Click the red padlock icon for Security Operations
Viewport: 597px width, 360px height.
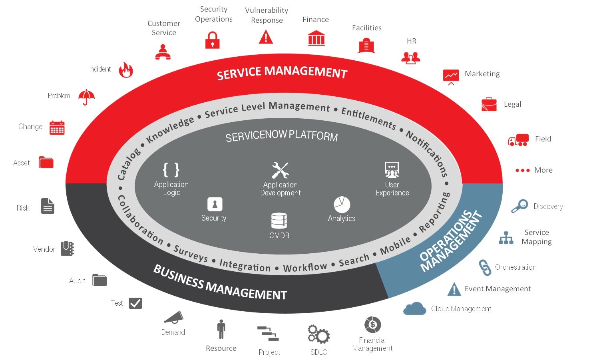click(213, 40)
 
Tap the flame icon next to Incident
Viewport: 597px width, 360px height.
click(126, 70)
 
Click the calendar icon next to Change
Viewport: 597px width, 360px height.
click(57, 127)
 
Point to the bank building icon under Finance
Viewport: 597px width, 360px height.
click(316, 38)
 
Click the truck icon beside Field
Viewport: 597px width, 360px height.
click(518, 140)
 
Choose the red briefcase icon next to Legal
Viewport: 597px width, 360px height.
click(489, 104)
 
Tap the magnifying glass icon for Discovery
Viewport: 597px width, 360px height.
click(519, 206)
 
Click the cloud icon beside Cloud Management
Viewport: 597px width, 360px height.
click(414, 308)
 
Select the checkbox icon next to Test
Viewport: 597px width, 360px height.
click(135, 303)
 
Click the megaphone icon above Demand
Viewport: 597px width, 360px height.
click(174, 317)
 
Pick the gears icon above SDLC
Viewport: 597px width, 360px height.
click(318, 334)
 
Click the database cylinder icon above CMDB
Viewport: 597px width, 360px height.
click(279, 221)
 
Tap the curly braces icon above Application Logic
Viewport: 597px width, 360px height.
click(171, 170)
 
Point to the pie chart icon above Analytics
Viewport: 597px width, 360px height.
click(342, 205)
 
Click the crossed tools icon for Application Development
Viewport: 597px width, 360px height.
click(281, 170)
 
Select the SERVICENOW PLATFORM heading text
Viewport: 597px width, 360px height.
click(281, 136)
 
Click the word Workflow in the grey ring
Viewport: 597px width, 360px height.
click(305, 267)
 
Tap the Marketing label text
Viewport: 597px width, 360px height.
click(482, 74)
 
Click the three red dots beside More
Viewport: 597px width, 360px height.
click(522, 170)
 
